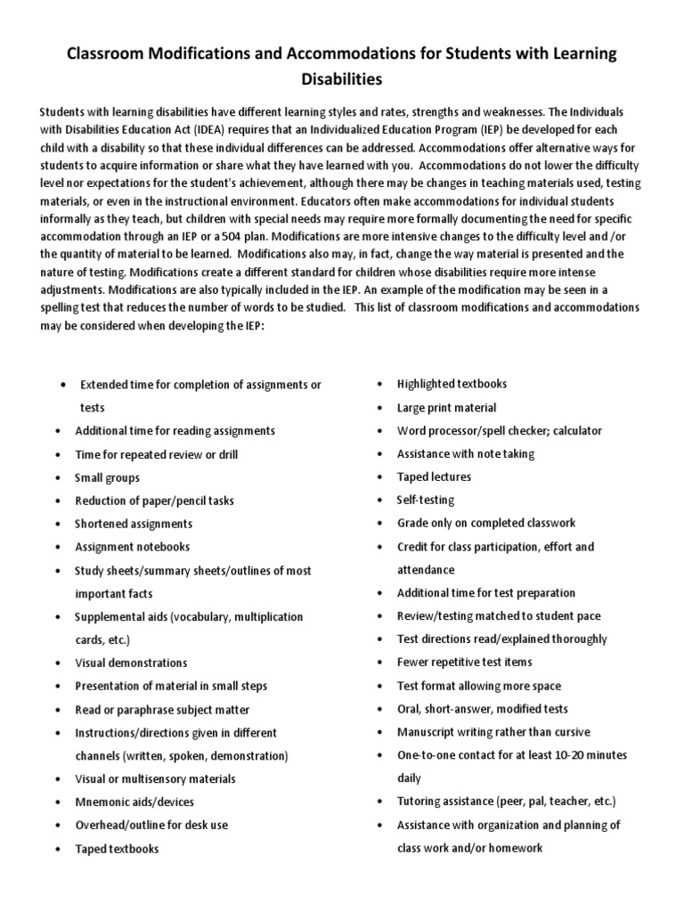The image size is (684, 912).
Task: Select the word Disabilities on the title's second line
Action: [x=342, y=80]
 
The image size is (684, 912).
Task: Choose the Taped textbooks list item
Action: [x=117, y=849]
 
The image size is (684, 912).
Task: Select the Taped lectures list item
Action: [x=434, y=476]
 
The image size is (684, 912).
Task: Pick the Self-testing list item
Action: [x=425, y=500]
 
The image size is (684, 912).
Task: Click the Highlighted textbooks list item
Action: [x=452, y=384]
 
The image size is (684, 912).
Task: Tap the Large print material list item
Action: [x=446, y=407]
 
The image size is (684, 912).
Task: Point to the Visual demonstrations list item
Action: [x=131, y=663]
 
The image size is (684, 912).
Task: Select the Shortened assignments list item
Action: [x=134, y=524]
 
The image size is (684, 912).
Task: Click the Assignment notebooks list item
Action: [x=132, y=547]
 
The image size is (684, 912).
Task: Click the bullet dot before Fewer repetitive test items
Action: [x=379, y=663]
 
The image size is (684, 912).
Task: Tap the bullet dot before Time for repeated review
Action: [x=58, y=454]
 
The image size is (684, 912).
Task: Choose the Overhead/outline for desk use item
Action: [x=151, y=825]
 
